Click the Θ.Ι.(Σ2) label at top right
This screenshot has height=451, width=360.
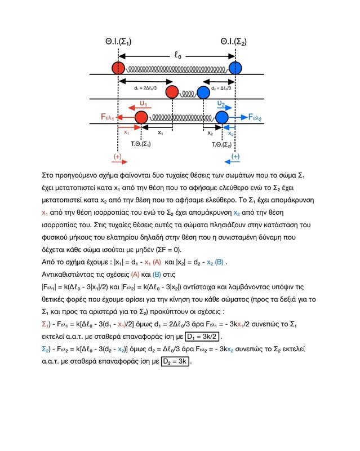pos(234,42)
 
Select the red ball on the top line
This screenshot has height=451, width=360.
pos(118,68)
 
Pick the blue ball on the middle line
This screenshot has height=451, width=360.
pos(202,92)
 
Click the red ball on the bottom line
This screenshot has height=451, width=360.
pos(141,117)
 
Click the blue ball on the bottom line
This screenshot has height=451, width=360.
pos(221,117)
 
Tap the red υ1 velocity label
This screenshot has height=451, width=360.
pos(143,104)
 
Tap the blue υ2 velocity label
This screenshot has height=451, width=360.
pos(221,104)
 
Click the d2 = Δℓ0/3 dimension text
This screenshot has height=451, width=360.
pos(220,89)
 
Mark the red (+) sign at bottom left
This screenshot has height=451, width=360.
pos(118,156)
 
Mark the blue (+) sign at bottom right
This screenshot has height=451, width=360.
pos(235,156)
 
